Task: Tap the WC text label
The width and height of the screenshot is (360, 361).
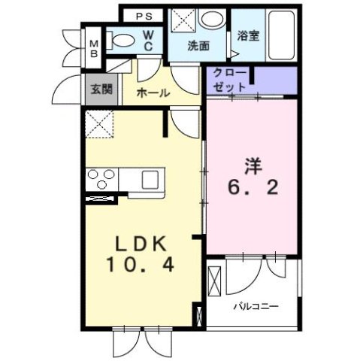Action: click(x=149, y=41)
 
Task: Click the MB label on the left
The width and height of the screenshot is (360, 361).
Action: click(x=95, y=48)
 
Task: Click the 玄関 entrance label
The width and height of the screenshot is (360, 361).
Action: click(x=101, y=89)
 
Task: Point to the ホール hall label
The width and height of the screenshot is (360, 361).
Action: click(x=153, y=93)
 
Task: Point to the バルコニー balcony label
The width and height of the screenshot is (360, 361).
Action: click(x=256, y=306)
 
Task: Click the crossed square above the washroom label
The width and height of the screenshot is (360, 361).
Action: click(x=181, y=19)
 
